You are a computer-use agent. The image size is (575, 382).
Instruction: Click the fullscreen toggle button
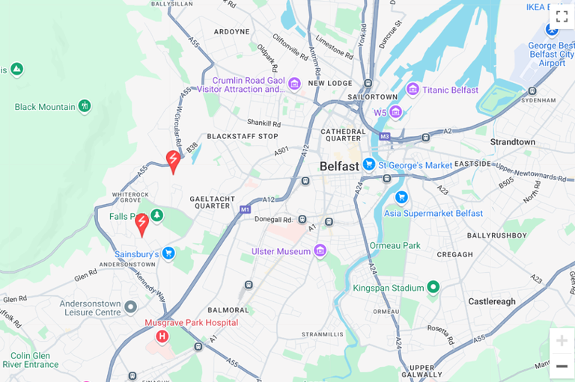[x=562, y=16]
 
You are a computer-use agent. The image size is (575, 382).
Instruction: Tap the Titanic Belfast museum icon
[x=413, y=90]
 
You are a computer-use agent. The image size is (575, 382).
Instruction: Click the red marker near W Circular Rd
[x=173, y=160]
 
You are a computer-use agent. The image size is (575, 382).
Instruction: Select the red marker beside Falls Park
[x=142, y=223]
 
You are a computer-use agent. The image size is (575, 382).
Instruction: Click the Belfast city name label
[x=339, y=166]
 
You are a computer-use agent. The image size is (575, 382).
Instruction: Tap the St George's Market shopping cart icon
[x=368, y=164]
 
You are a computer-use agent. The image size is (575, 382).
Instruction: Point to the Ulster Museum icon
[x=320, y=250]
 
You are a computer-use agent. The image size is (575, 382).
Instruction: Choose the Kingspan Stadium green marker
[x=433, y=288]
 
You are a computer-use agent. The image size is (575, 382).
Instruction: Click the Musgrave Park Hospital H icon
[x=162, y=336]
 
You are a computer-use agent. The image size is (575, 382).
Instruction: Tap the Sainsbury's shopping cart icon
[x=168, y=253]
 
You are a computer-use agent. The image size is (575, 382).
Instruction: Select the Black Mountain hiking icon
[x=85, y=106]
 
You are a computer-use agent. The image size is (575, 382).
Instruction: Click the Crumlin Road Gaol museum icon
[x=294, y=84]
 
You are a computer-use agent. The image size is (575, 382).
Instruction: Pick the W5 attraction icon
[x=395, y=112]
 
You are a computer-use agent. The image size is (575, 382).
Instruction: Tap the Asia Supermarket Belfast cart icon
[x=401, y=197]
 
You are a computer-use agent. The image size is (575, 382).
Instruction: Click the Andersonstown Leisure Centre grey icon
[x=131, y=306]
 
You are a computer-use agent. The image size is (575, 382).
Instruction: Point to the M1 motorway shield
[x=245, y=210]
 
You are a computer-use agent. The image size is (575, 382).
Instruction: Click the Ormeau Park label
[x=395, y=245]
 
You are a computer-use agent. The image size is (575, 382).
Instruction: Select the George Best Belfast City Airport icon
[x=552, y=30]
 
